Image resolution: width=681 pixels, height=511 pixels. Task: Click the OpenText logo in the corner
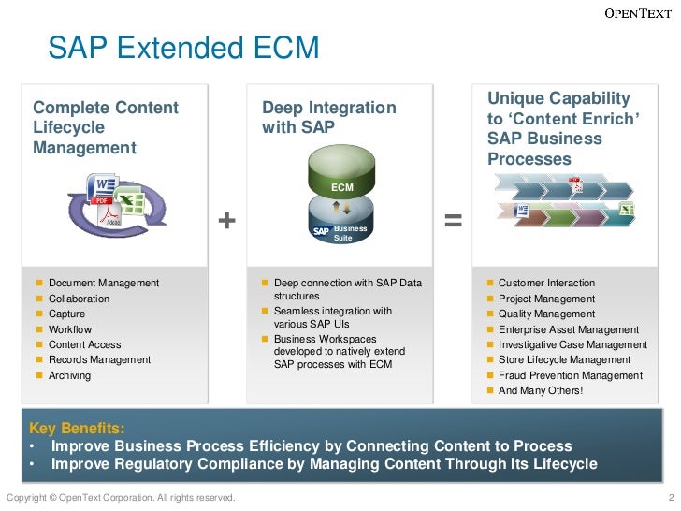(637, 13)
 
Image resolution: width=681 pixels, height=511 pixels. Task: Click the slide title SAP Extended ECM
(183, 48)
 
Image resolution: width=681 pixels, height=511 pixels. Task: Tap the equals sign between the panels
(453, 221)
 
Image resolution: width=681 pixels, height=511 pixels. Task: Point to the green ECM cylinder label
(342, 187)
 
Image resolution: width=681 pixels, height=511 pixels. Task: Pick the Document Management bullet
(103, 283)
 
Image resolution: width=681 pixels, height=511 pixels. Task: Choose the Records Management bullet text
(99, 359)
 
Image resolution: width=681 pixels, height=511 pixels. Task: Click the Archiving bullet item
(69, 375)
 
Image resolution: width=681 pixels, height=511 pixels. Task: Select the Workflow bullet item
(70, 329)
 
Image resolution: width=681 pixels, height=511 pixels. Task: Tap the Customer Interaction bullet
(546, 283)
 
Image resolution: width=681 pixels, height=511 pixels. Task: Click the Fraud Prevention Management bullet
(570, 375)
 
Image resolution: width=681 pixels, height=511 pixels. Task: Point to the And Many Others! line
(540, 390)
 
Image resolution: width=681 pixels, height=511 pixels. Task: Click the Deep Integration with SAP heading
(328, 118)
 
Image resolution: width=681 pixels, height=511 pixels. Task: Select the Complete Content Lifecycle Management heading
(106, 127)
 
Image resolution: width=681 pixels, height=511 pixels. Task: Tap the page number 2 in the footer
(672, 497)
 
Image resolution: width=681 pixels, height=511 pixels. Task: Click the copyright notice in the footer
(121, 497)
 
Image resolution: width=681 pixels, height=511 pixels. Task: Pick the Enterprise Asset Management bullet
(568, 329)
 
